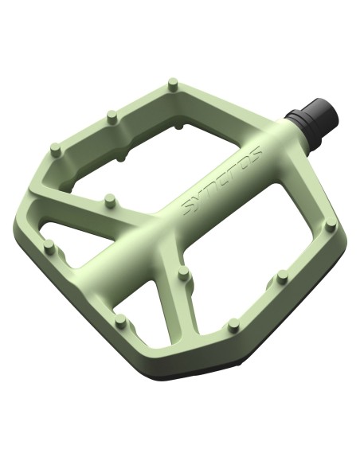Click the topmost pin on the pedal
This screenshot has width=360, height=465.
[173, 84]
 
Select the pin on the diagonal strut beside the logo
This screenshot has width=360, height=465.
[110, 201]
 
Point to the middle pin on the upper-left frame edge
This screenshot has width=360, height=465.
[112, 117]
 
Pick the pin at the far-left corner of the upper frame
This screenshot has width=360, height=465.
[56, 150]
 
